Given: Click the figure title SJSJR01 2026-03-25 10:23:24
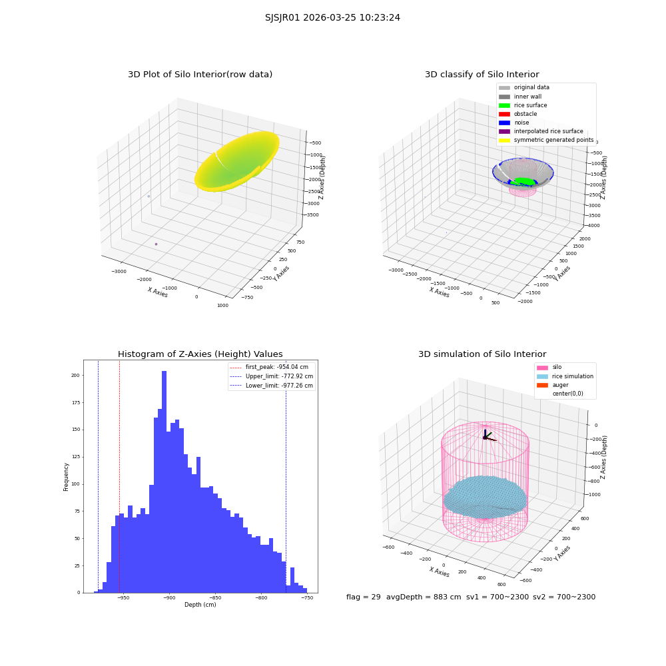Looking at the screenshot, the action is click(332, 18).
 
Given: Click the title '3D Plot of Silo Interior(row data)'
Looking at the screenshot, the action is click(200, 75).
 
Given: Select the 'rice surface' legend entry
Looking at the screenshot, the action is click(523, 105).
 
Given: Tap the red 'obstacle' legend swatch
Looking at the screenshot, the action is click(504, 115).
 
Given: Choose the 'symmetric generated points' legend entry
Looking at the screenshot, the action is click(546, 140).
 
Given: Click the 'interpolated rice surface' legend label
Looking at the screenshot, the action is click(548, 131).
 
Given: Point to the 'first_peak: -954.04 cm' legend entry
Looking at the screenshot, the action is click(269, 367).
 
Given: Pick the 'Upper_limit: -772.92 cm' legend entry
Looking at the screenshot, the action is click(272, 376).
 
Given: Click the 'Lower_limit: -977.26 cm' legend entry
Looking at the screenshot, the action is click(272, 386).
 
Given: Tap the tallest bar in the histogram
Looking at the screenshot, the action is click(164, 482).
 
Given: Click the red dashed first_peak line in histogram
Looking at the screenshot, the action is click(119, 476).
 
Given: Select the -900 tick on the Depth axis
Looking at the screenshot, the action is click(169, 598).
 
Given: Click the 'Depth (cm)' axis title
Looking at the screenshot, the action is click(200, 605).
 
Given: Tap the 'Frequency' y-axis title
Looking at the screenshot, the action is click(66, 477).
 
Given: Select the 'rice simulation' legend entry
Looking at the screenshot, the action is click(565, 376).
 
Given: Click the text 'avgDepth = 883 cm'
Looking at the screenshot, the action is click(424, 597).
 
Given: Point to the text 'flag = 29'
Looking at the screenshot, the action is click(363, 597).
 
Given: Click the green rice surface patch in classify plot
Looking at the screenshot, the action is click(525, 181).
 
